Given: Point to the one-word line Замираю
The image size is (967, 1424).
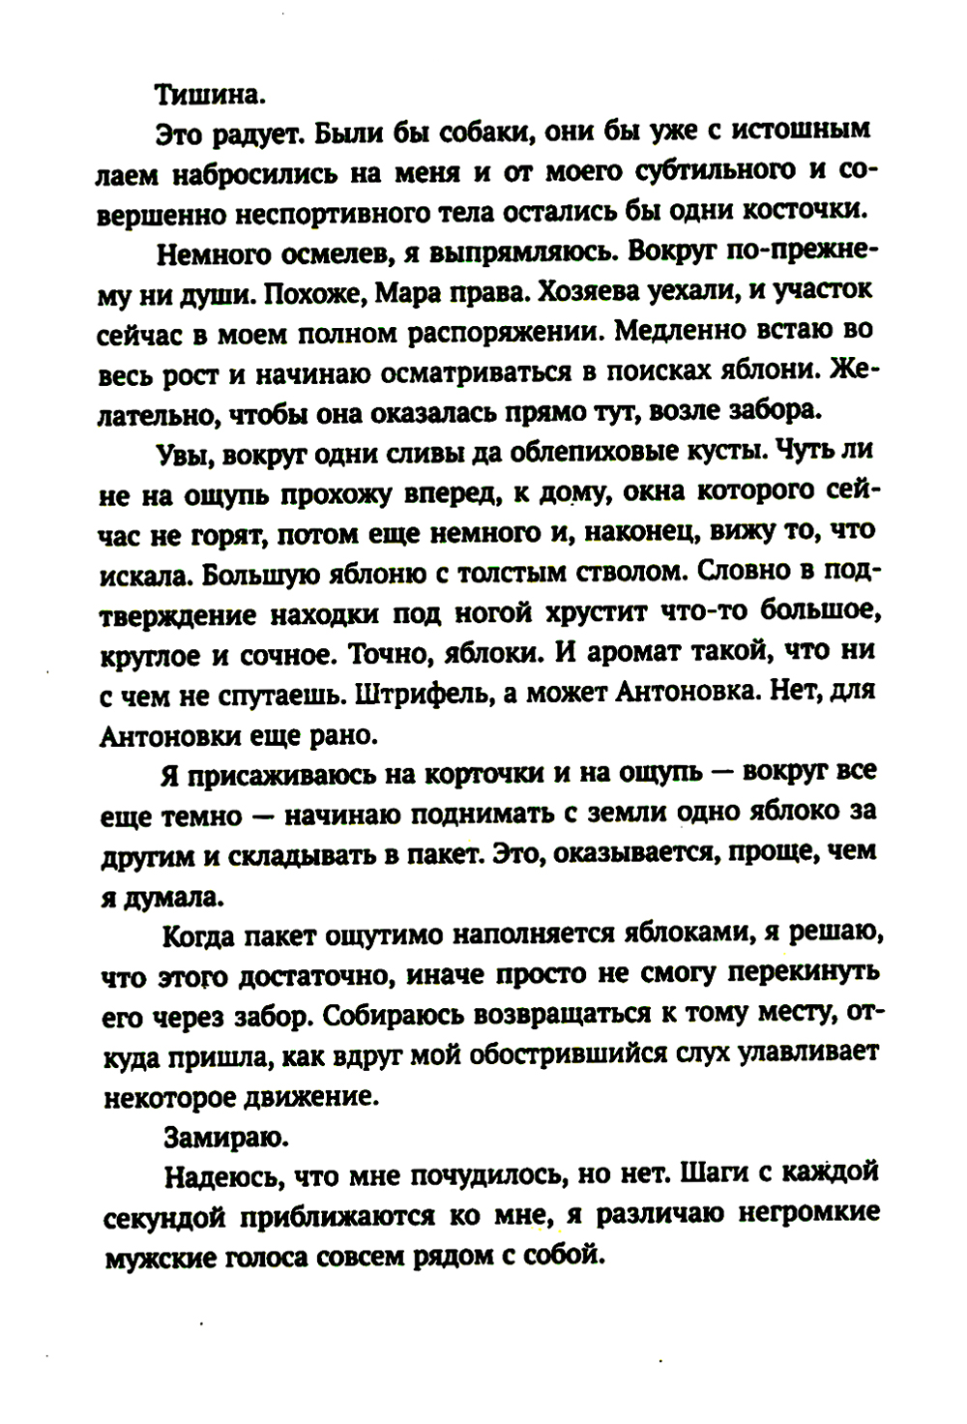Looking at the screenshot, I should (x=213, y=1136).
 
